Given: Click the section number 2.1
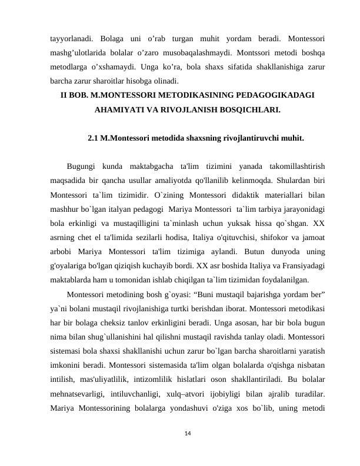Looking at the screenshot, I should (x=94, y=139).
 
